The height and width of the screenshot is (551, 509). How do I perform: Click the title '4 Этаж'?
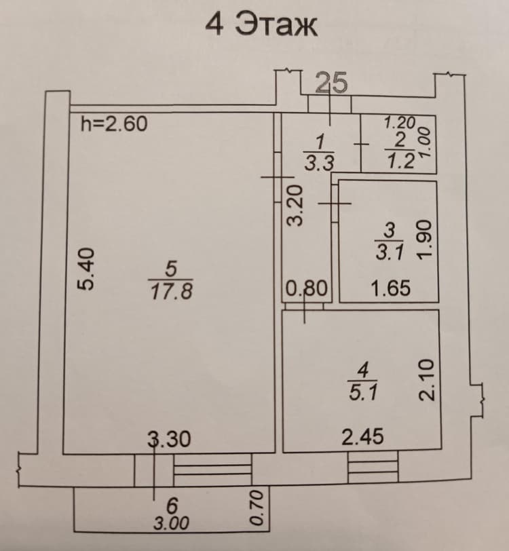(261, 24)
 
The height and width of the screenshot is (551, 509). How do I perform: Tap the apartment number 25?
(331, 83)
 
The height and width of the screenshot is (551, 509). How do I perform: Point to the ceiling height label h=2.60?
(114, 123)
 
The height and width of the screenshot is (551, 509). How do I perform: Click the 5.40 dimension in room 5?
(86, 269)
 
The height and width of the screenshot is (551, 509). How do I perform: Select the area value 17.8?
(172, 292)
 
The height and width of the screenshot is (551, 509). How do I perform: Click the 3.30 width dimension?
(169, 439)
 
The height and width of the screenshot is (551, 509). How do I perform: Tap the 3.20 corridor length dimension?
(295, 206)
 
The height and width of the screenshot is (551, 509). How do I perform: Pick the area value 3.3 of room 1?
(319, 163)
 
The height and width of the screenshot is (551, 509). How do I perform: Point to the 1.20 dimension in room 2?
(400, 123)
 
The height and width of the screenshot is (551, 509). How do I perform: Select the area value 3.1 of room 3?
(390, 252)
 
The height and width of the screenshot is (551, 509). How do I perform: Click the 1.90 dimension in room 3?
(424, 240)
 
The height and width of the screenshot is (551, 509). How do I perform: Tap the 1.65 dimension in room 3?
(390, 288)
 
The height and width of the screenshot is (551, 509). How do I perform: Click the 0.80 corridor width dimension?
(307, 288)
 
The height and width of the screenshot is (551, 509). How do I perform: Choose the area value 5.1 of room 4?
(363, 392)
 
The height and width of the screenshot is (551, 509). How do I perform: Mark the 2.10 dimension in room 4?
(427, 380)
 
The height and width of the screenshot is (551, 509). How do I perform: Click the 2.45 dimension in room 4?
(363, 437)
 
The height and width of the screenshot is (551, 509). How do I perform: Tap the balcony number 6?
(172, 506)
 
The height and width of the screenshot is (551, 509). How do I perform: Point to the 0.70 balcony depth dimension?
(257, 508)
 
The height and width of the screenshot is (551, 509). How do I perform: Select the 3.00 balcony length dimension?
(171, 524)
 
